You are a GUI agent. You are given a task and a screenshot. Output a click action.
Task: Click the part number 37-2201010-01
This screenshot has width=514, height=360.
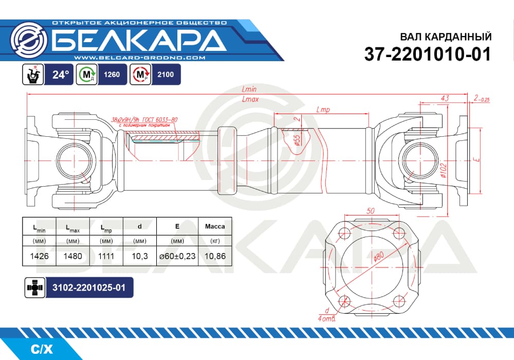(x=428, y=54)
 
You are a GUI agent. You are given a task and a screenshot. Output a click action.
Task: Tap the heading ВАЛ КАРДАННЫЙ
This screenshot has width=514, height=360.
(x=446, y=37)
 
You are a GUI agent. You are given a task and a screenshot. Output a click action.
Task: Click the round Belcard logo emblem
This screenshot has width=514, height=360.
(x=28, y=40)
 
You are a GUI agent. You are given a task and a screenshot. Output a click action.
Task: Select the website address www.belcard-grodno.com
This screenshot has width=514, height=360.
(x=140, y=58)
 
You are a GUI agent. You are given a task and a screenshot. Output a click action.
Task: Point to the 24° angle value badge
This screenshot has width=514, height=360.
(x=59, y=75)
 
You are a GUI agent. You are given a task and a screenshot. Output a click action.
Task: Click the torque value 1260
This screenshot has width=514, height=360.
(x=112, y=75)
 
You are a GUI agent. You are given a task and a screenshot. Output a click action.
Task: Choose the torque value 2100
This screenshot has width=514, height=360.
(x=166, y=75)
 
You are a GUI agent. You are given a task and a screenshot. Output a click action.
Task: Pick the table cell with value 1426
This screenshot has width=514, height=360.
(x=40, y=256)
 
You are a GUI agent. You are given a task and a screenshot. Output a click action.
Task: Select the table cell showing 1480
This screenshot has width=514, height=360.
(x=73, y=256)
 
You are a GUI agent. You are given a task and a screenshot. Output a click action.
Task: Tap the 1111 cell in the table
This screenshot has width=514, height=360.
(x=106, y=256)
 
